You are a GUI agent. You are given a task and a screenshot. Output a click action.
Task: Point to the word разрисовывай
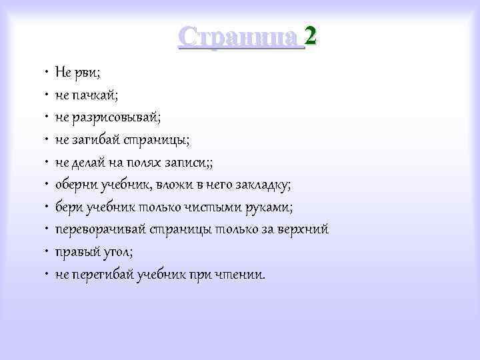(115, 117)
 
